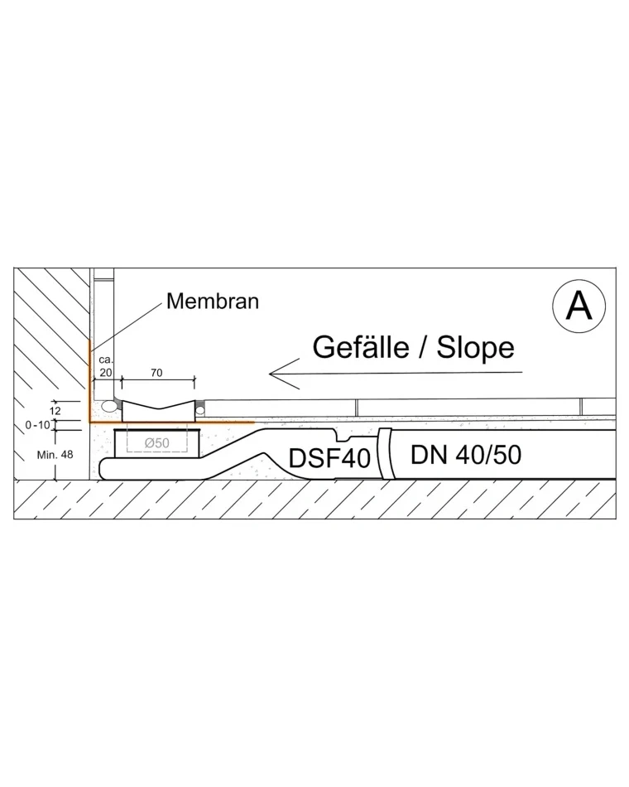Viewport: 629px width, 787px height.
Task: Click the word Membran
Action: (x=213, y=302)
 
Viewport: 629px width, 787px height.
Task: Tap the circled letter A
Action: (x=579, y=306)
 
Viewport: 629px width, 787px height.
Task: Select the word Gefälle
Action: (x=361, y=347)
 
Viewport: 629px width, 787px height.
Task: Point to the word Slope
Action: (x=476, y=348)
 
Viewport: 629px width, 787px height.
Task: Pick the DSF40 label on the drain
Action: (x=329, y=457)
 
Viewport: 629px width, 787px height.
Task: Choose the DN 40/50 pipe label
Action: (x=466, y=455)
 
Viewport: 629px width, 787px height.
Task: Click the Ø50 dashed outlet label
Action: (x=157, y=442)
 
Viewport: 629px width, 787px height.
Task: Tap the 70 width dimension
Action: (x=156, y=373)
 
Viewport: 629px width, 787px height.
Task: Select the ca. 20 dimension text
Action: (x=106, y=366)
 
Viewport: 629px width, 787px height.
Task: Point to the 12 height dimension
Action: (x=55, y=411)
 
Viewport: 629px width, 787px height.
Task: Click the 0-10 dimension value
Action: (x=38, y=425)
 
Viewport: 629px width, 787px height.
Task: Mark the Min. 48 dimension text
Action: (x=55, y=455)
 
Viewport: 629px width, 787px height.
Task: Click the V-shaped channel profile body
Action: (x=159, y=411)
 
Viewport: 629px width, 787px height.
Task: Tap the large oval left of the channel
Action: (x=108, y=405)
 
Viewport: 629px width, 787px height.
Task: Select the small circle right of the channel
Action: (x=200, y=410)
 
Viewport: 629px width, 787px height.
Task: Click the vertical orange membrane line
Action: (x=89, y=381)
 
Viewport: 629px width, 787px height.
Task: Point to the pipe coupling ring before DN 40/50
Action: (x=384, y=453)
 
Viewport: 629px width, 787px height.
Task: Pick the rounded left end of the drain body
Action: (x=103, y=468)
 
